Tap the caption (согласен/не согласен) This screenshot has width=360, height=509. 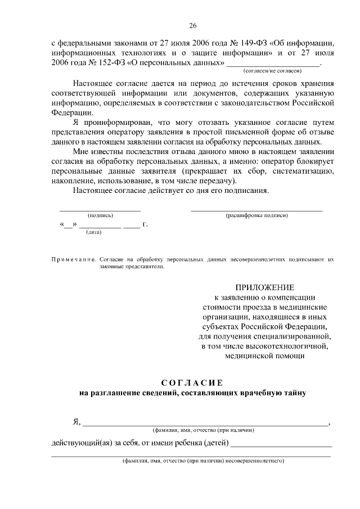(272, 71)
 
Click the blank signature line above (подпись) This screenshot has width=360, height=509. (100, 210)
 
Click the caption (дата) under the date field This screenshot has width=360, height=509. (93, 232)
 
